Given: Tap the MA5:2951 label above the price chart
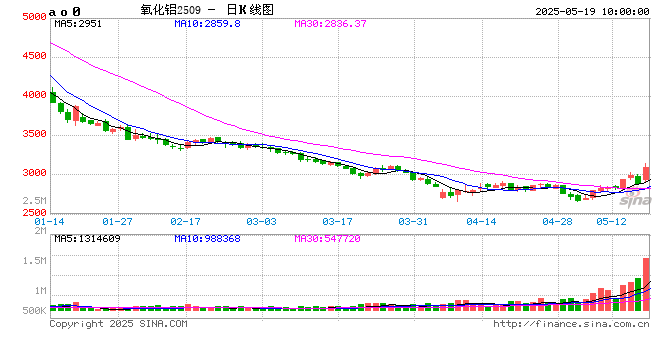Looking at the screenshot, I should click(78, 23).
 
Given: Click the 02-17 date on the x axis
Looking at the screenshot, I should click(185, 220).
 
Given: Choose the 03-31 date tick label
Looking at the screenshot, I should click(412, 220).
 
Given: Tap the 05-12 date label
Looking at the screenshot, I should click(610, 220).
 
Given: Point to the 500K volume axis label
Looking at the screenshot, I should click(33, 311).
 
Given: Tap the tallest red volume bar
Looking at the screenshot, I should click(646, 286).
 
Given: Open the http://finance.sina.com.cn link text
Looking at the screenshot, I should click(572, 323).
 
